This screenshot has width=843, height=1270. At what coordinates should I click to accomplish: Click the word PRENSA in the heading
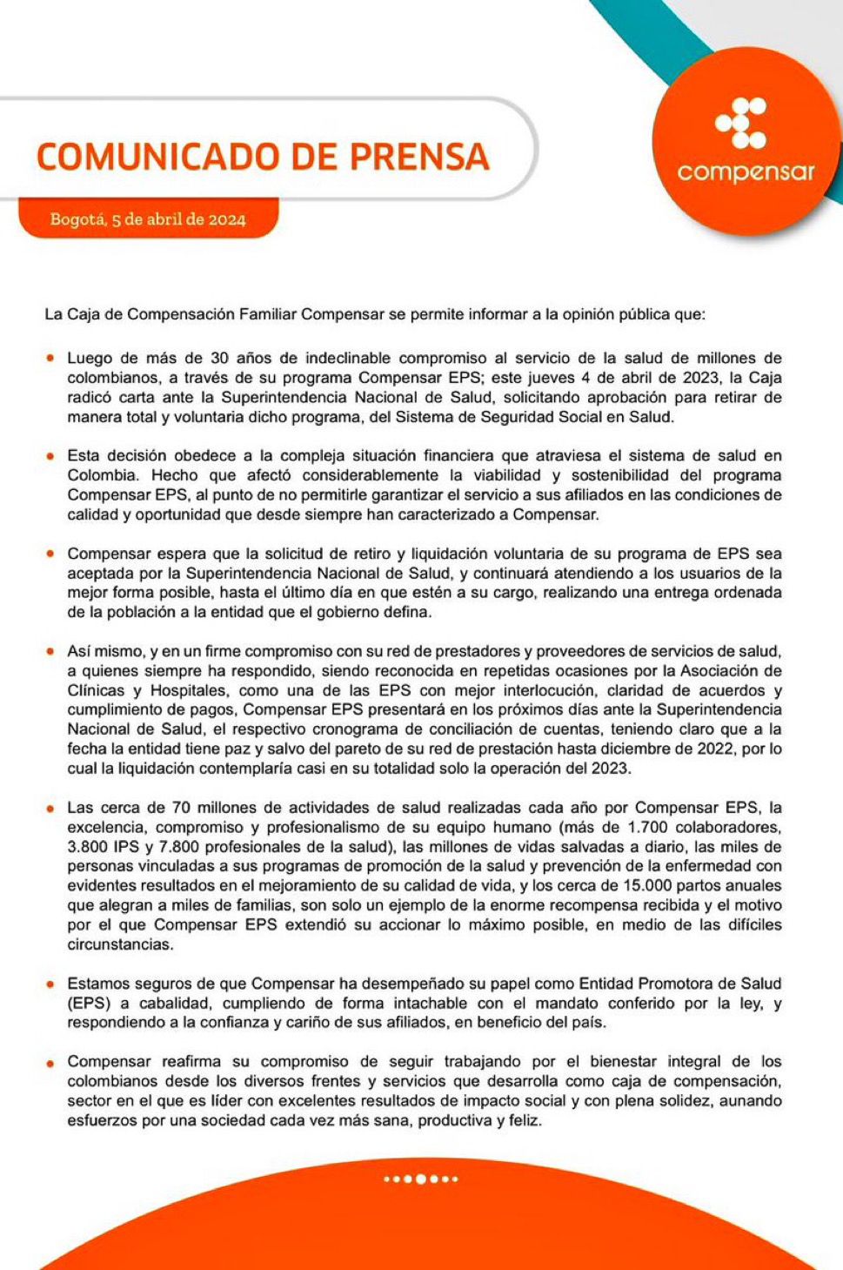(419, 157)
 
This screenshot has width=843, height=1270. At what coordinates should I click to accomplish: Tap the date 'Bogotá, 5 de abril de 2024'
(148, 219)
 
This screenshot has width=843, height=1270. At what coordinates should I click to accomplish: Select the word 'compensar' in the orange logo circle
(746, 171)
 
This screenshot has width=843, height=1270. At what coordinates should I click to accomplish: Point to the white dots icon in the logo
(741, 123)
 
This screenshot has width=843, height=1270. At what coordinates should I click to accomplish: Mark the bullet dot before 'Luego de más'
(50, 358)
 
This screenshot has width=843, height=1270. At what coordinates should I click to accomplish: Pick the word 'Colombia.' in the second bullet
(103, 476)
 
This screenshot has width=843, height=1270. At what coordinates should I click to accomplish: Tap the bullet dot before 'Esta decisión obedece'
(50, 455)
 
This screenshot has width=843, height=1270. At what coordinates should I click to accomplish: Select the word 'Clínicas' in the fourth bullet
(96, 691)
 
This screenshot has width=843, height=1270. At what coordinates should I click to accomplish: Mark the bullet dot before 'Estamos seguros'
(50, 984)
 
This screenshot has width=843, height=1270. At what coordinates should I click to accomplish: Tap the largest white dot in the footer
(421, 1179)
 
